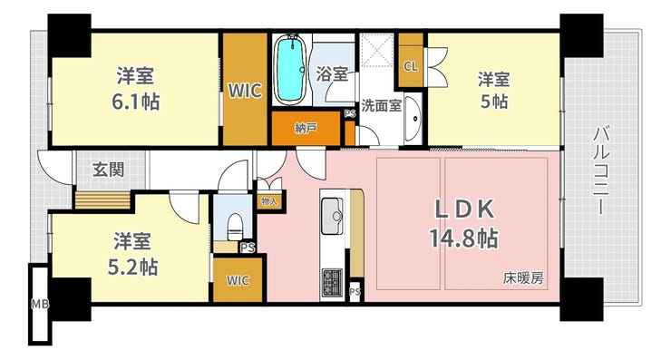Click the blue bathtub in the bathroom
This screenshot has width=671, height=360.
[290, 70]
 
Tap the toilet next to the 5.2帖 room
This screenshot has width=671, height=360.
[235, 227]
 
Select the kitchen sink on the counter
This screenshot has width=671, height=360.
[332, 216]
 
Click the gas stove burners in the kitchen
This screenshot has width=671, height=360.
[332, 282]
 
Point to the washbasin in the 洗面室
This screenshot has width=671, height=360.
[412, 118]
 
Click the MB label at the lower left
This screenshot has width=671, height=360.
[40, 305]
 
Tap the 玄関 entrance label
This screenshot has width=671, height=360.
[109, 170]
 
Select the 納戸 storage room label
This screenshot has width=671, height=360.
[306, 128]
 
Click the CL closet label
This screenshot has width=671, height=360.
[411, 66]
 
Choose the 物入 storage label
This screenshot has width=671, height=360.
[269, 201]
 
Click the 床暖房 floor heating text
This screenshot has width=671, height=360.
[523, 278]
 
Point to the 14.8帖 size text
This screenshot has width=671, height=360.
[463, 238]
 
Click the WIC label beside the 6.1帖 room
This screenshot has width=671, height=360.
[245, 91]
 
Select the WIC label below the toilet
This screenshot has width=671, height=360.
[238, 280]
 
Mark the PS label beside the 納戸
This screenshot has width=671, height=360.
[350, 114]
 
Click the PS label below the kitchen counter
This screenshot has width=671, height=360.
[355, 292]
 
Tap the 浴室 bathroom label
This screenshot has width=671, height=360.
[332, 74]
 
